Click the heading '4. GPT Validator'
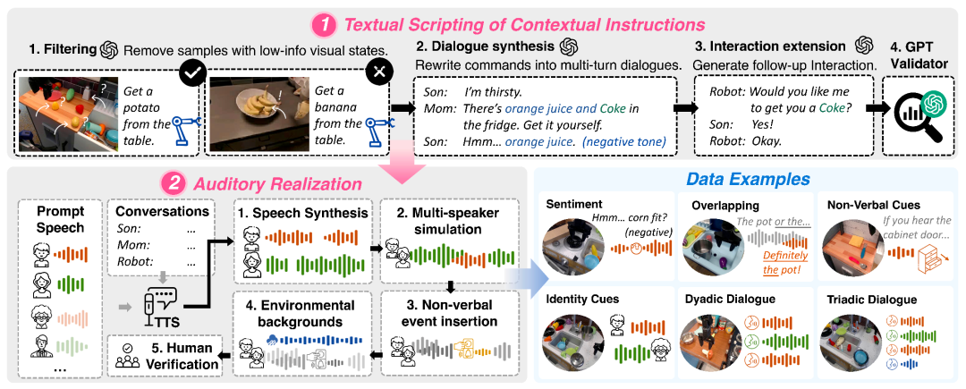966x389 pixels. click(x=916, y=53)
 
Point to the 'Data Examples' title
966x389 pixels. click(x=750, y=180)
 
